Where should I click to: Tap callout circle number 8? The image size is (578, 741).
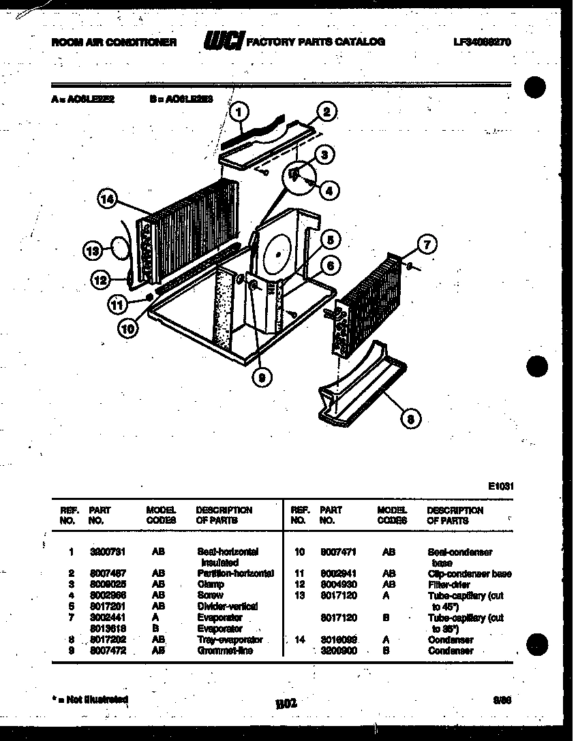coord(408,420)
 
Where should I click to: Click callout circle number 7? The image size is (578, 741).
coord(427,245)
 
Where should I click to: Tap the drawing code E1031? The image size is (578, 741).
coord(500,486)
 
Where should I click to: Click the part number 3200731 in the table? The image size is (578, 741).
coord(103,552)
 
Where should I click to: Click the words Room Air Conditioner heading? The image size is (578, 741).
coord(114,42)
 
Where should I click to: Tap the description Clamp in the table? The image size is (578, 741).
coord(209,584)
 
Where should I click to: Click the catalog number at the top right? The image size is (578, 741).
coord(482,42)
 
